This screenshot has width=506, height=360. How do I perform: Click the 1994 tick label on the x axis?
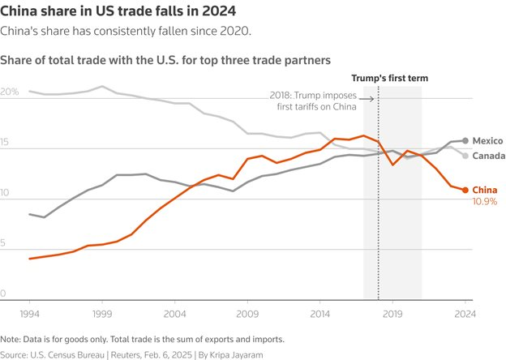(29, 311)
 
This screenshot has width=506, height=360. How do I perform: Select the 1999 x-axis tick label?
(102, 311)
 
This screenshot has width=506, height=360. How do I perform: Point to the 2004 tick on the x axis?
(174, 311)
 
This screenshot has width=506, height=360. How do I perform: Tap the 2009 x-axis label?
(247, 311)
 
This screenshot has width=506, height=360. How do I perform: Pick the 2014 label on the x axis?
(319, 311)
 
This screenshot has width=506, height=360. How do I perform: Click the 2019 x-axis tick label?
(392, 311)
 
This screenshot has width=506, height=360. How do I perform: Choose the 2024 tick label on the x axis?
(465, 311)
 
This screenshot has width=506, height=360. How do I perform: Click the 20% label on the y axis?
(10, 92)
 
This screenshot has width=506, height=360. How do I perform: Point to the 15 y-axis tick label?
(6, 144)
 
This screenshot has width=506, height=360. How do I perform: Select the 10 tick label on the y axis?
(6, 194)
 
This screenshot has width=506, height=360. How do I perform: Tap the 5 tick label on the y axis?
(4, 244)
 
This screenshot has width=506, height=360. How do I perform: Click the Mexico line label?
(488, 140)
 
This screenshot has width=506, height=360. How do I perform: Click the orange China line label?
(485, 191)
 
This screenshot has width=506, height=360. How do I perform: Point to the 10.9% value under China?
(485, 201)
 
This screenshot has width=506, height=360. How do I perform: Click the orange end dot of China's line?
(465, 191)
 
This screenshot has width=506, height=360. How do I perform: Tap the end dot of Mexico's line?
(465, 140)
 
